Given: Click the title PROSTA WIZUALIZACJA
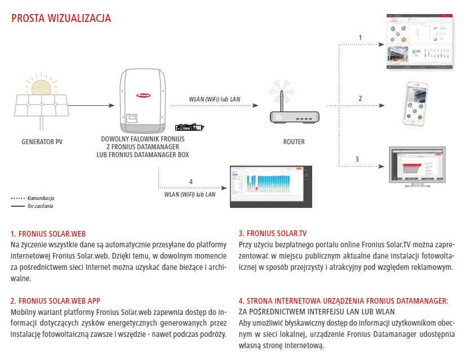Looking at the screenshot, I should (61, 19).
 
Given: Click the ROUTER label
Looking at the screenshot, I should (294, 142).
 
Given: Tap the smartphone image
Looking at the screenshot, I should (417, 104).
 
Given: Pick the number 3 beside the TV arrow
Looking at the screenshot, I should (357, 159).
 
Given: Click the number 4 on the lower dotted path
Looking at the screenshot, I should (190, 181).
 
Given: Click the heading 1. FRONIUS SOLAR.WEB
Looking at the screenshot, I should (47, 233).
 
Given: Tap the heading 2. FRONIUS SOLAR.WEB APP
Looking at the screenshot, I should (55, 301).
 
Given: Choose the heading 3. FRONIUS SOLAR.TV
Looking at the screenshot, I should (273, 233).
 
